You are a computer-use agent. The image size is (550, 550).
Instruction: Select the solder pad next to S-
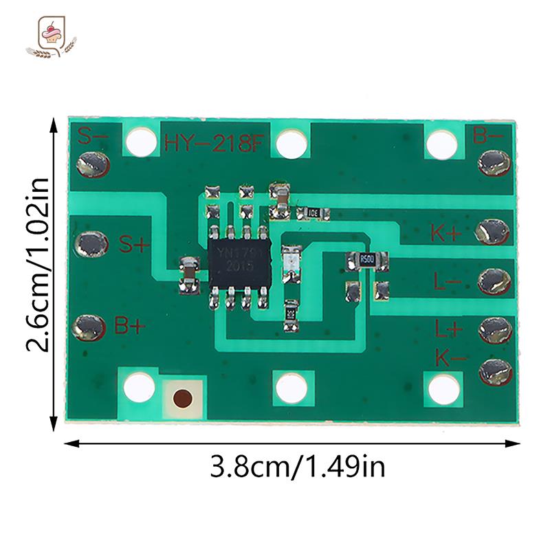[x=92, y=164]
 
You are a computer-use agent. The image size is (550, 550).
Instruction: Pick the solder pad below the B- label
[x=494, y=162]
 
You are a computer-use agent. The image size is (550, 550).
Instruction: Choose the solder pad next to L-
[x=494, y=280]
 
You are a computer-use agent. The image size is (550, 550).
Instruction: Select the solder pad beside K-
[x=495, y=371]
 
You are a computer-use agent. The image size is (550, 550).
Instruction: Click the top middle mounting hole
[x=291, y=143]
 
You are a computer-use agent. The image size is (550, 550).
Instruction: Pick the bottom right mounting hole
[x=443, y=390]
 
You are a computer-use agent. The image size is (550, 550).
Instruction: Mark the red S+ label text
[x=132, y=243]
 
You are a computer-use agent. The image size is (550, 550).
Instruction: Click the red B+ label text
[x=130, y=327]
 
